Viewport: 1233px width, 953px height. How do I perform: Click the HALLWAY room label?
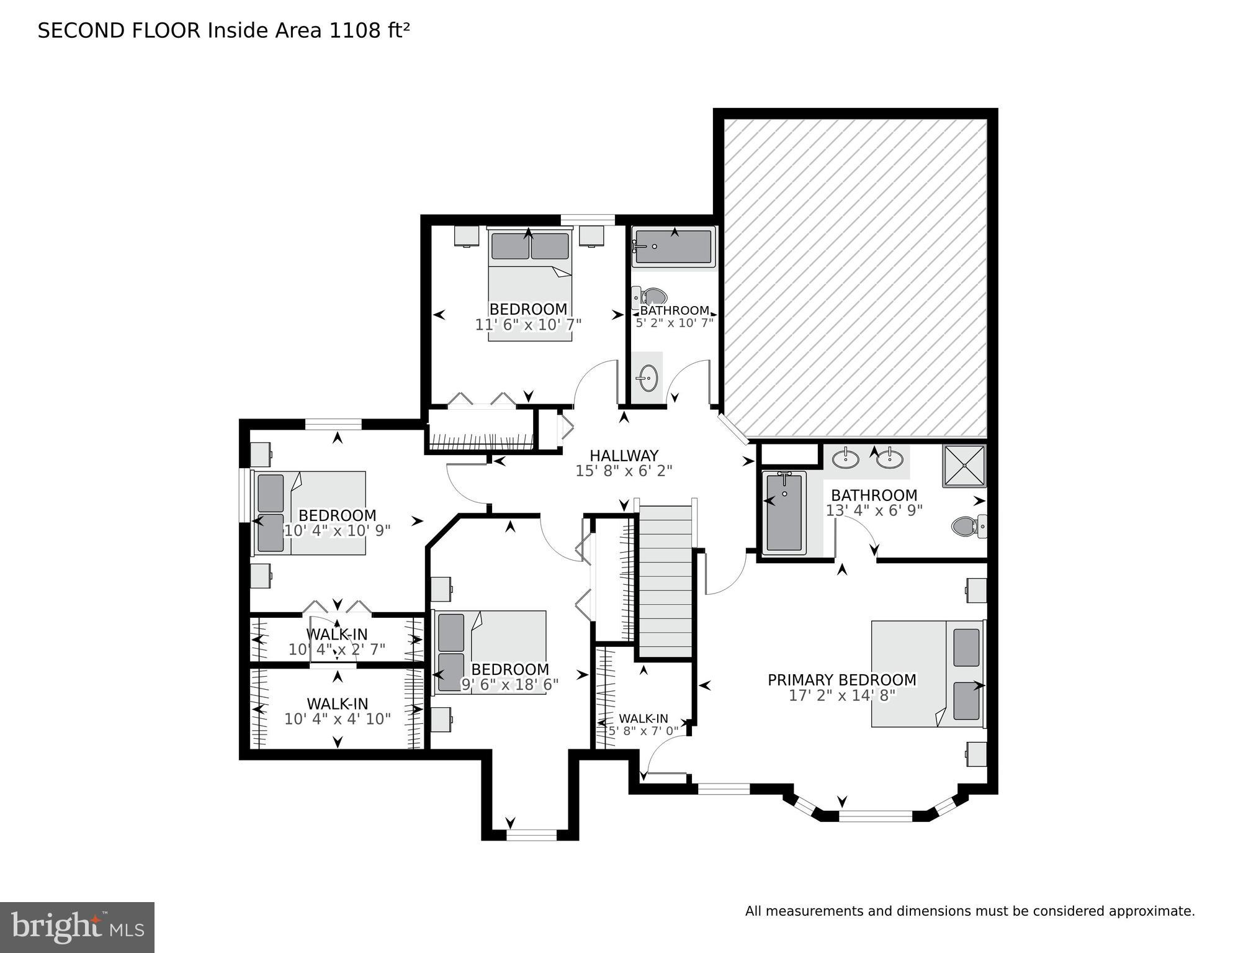pos(624,456)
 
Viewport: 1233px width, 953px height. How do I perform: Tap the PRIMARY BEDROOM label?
pos(841,680)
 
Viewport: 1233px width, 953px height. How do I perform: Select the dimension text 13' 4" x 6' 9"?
pos(874,510)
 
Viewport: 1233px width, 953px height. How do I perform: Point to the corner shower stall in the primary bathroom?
pos(964,466)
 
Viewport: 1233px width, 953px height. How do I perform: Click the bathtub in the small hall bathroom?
pos(674,248)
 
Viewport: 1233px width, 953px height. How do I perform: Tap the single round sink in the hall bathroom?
pos(648,377)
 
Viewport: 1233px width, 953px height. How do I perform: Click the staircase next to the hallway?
pos(666,580)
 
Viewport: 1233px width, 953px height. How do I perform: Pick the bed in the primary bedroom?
pos(926,674)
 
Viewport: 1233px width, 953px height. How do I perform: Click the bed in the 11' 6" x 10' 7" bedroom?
pos(529,282)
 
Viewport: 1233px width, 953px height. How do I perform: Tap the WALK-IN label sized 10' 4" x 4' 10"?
pos(337,703)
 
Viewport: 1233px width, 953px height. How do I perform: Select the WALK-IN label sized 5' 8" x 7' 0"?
pos(643,718)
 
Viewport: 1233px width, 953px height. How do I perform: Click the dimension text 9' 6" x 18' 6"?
pos(509,684)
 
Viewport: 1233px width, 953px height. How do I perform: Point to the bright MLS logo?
pos(77,928)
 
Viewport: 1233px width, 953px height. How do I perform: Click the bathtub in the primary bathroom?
pos(784,513)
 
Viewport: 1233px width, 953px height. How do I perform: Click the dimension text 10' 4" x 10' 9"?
pos(337,531)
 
